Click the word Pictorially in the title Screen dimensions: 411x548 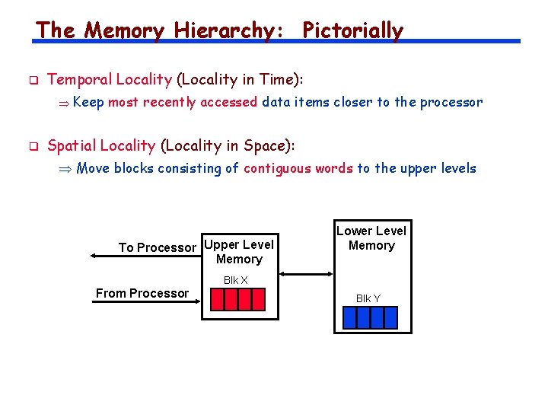(x=352, y=30)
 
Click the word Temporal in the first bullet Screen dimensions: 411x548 (x=78, y=79)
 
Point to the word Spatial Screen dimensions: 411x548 (x=71, y=145)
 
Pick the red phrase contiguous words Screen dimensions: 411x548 (x=298, y=168)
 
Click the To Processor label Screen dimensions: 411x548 (x=157, y=247)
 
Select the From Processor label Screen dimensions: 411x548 (x=142, y=293)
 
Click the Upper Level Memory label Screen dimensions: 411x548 (x=239, y=252)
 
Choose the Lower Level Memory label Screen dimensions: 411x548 (x=371, y=238)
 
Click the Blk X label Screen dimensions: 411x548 (x=235, y=280)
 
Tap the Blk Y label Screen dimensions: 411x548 (x=368, y=298)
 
